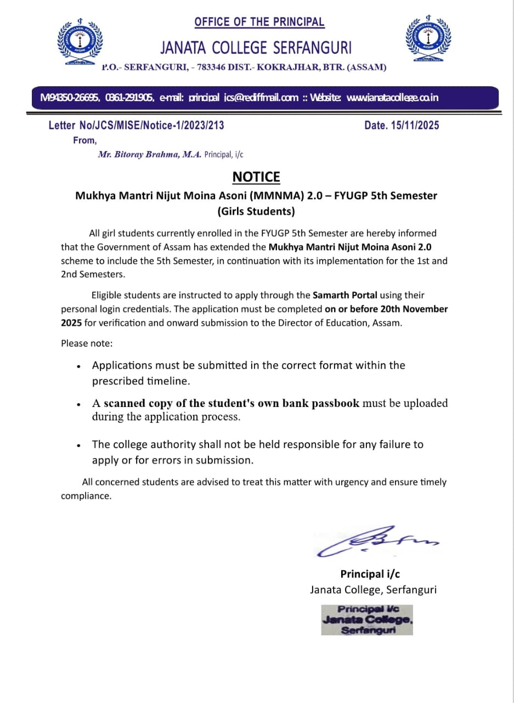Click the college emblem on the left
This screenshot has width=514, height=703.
pyautogui.click(x=80, y=42)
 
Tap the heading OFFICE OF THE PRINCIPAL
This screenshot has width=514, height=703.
pyautogui.click(x=259, y=22)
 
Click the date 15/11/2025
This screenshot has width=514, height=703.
pyautogui.click(x=415, y=125)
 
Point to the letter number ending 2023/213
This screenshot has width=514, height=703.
pyautogui.click(x=137, y=125)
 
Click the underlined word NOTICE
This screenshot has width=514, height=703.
pyautogui.click(x=256, y=177)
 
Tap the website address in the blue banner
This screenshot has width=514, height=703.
pyautogui.click(x=393, y=98)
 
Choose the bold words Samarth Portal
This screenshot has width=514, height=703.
pyautogui.click(x=345, y=295)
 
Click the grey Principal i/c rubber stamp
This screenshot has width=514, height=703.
pyautogui.click(x=367, y=620)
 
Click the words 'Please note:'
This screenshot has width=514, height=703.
pyautogui.click(x=87, y=343)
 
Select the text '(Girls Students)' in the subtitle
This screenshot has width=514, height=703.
pyautogui.click(x=256, y=211)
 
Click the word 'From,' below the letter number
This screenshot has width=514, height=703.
pyautogui.click(x=84, y=141)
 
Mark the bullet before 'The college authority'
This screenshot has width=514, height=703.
pyautogui.click(x=80, y=445)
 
